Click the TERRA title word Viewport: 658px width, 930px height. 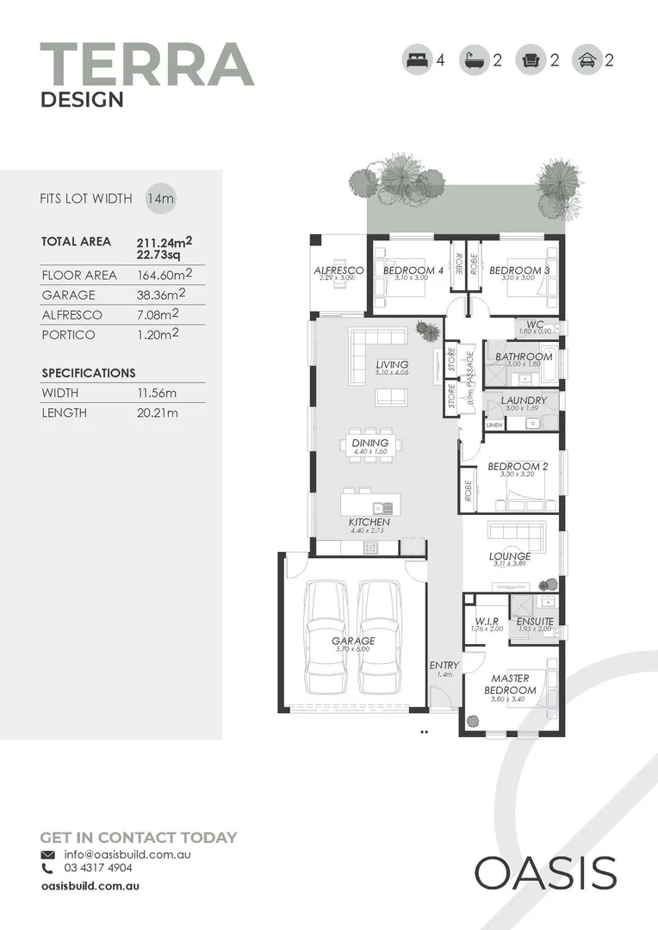click(147, 64)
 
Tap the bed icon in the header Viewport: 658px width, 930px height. click(417, 60)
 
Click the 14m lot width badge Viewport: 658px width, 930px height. click(160, 198)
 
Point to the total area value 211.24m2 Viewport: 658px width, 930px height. click(164, 241)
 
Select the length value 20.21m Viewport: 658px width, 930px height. click(158, 413)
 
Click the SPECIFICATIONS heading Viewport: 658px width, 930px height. click(89, 373)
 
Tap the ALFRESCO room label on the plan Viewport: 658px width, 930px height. click(338, 270)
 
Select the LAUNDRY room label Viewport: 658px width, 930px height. click(523, 400)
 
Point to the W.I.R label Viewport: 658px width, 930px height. click(487, 621)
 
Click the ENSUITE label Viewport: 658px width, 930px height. click(535, 621)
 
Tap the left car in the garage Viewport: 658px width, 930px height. click(328, 637)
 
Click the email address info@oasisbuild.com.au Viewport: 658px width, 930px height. click(127, 854)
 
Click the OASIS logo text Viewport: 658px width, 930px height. click(545, 873)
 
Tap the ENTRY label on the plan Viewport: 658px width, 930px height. click(444, 666)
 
